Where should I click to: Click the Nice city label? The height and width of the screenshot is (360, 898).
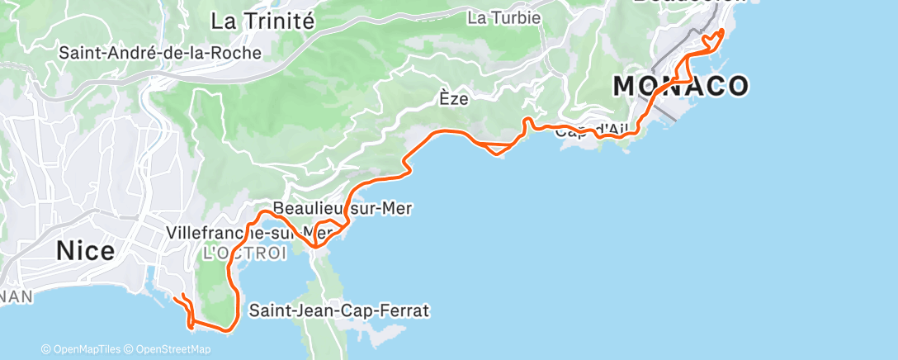86,250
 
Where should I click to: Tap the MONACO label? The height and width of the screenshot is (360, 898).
681,85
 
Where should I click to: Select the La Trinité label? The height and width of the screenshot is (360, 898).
262,21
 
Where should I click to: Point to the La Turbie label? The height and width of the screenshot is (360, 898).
503,17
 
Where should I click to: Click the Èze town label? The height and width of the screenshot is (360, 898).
453,99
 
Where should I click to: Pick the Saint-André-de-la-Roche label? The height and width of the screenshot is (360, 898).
160,53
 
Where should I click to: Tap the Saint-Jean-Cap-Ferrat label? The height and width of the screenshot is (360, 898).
339,311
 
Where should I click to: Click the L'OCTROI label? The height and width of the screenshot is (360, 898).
244,252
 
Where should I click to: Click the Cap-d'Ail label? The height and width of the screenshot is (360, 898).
591,130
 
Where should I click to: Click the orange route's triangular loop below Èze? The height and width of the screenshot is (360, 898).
499,149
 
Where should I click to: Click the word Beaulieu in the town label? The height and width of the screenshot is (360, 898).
307,208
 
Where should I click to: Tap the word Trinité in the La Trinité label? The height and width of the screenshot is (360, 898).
284,21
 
